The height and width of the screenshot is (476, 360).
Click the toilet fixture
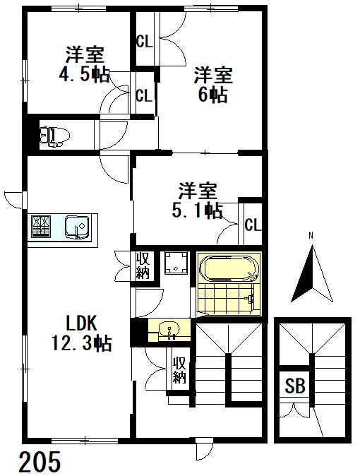pos(50,134)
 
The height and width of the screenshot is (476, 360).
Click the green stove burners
pos(41,227)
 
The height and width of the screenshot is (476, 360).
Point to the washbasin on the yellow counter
pos(167,329)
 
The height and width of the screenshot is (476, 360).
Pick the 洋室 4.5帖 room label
pos(83,64)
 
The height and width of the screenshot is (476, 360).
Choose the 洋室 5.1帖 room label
pos(199,200)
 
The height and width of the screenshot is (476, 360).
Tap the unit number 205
pos(40,462)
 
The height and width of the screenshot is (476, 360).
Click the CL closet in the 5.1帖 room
pos(253,225)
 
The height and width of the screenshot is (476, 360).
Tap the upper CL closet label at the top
pos(144,41)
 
